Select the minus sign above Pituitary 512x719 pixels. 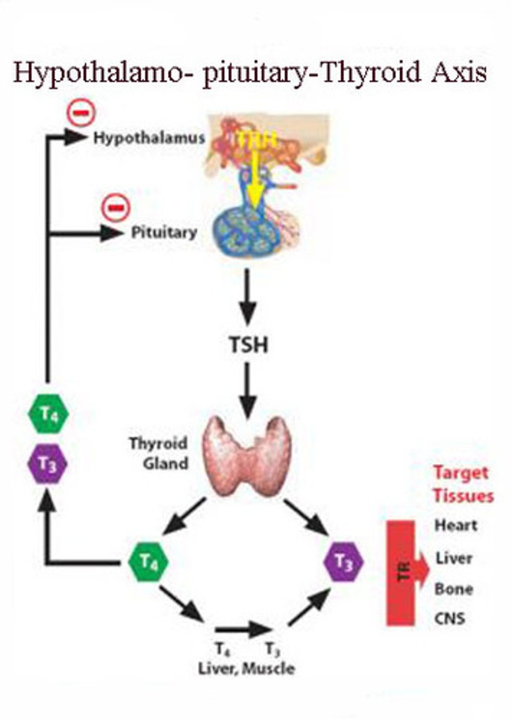pyautogui.click(x=114, y=207)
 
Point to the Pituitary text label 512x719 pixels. pyautogui.click(x=164, y=232)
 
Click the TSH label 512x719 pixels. pyautogui.click(x=247, y=346)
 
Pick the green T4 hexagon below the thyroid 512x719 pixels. pyautogui.click(x=149, y=563)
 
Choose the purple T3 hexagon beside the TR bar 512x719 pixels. pyautogui.click(x=344, y=563)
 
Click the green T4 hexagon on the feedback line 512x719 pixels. pyautogui.click(x=49, y=414)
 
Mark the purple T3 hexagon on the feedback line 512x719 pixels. pyautogui.click(x=49, y=464)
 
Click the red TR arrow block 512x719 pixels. pyautogui.click(x=408, y=572)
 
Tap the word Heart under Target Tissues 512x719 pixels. pyautogui.click(x=456, y=525)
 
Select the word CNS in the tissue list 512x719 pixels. pyautogui.click(x=450, y=617)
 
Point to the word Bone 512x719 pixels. pyautogui.click(x=454, y=588)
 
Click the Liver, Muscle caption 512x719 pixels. pyautogui.click(x=246, y=668)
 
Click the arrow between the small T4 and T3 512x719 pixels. pyautogui.click(x=243, y=630)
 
